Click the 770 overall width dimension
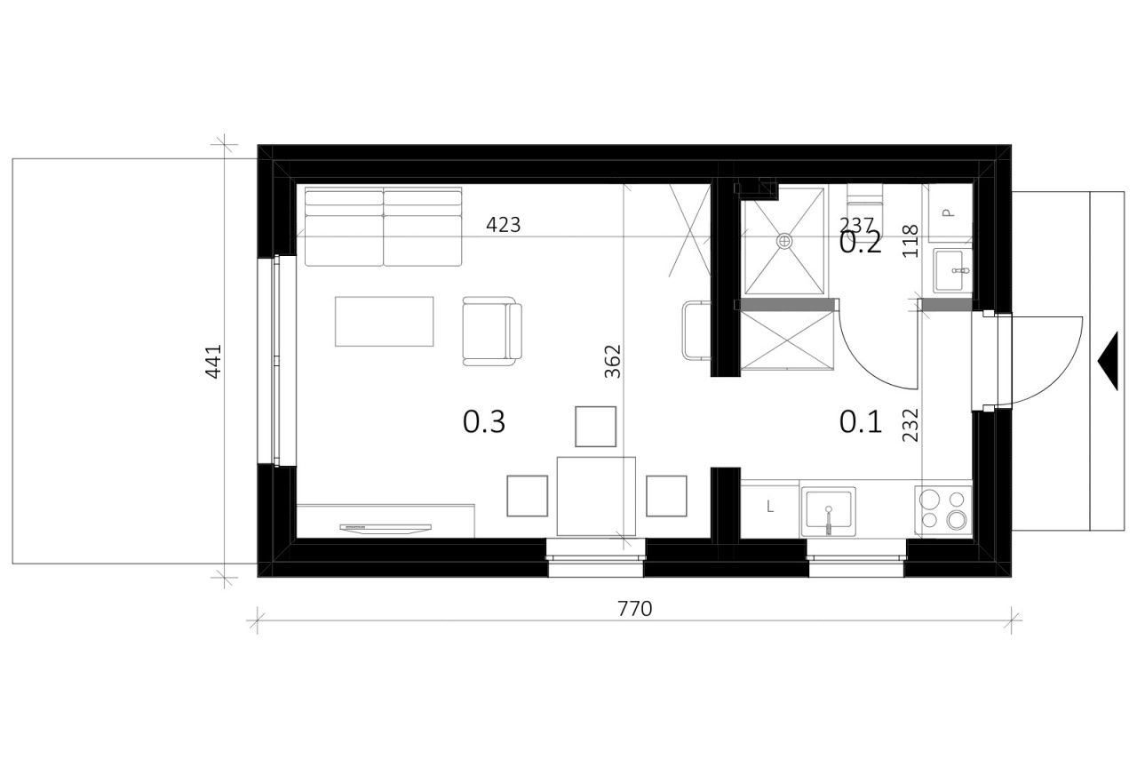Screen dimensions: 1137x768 [634, 609]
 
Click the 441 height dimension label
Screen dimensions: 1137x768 [213, 362]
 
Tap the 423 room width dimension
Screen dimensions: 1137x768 [503, 225]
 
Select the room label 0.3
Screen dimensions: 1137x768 [484, 422]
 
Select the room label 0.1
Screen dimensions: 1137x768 [861, 422]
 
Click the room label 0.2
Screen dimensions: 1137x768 [861, 244]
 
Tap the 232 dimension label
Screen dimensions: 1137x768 [910, 425]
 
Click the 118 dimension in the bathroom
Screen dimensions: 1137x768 [910, 241]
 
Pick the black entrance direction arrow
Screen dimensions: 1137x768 [1110, 361]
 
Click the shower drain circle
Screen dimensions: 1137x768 [784, 241]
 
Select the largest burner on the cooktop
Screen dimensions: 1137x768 [958, 520]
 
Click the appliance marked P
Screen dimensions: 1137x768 [950, 212]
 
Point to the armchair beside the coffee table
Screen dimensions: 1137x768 [492, 332]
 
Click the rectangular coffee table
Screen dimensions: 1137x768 [385, 322]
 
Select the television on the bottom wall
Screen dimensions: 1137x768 [386, 529]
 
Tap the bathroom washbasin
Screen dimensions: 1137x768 [953, 271]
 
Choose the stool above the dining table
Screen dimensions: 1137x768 [595, 427]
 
